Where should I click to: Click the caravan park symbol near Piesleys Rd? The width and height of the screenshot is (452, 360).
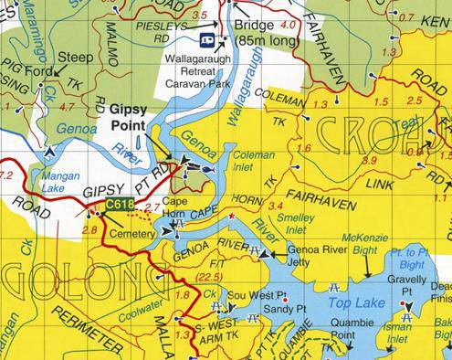point(207,40)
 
